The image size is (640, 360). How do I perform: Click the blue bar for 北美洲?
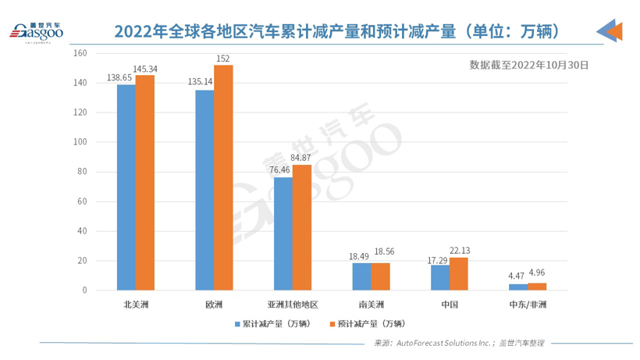click(x=126, y=187)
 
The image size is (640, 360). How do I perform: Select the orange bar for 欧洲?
click(x=223, y=177)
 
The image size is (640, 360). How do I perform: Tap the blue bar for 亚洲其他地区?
click(x=283, y=233)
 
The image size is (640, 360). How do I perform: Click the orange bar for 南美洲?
click(x=380, y=276)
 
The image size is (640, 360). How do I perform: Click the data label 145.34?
click(x=145, y=70)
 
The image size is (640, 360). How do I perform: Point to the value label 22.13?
click(x=460, y=251)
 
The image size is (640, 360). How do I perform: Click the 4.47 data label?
click(x=517, y=275)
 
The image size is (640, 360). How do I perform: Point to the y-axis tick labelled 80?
click(x=80, y=172)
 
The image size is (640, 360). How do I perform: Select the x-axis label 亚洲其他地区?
click(x=292, y=304)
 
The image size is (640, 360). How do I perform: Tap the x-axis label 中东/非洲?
click(x=528, y=304)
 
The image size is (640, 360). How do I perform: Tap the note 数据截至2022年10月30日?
click(x=529, y=66)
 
